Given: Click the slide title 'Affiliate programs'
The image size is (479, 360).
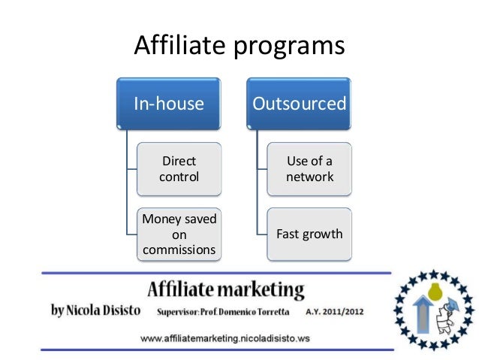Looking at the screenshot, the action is [x=239, y=46].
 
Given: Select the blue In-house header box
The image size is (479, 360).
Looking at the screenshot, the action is [x=169, y=103].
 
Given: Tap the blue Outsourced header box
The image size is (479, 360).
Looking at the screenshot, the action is [x=300, y=103].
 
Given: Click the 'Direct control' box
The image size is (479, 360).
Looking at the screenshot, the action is [x=179, y=169].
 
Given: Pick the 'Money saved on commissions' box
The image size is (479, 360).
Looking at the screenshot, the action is [x=179, y=234].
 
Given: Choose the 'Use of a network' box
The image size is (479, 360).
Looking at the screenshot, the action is [x=309, y=169].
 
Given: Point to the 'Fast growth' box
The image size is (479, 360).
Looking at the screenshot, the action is [x=309, y=234].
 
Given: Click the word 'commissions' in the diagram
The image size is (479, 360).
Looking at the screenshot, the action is [x=179, y=249].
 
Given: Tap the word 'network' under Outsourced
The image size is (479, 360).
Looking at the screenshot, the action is [x=309, y=177].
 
